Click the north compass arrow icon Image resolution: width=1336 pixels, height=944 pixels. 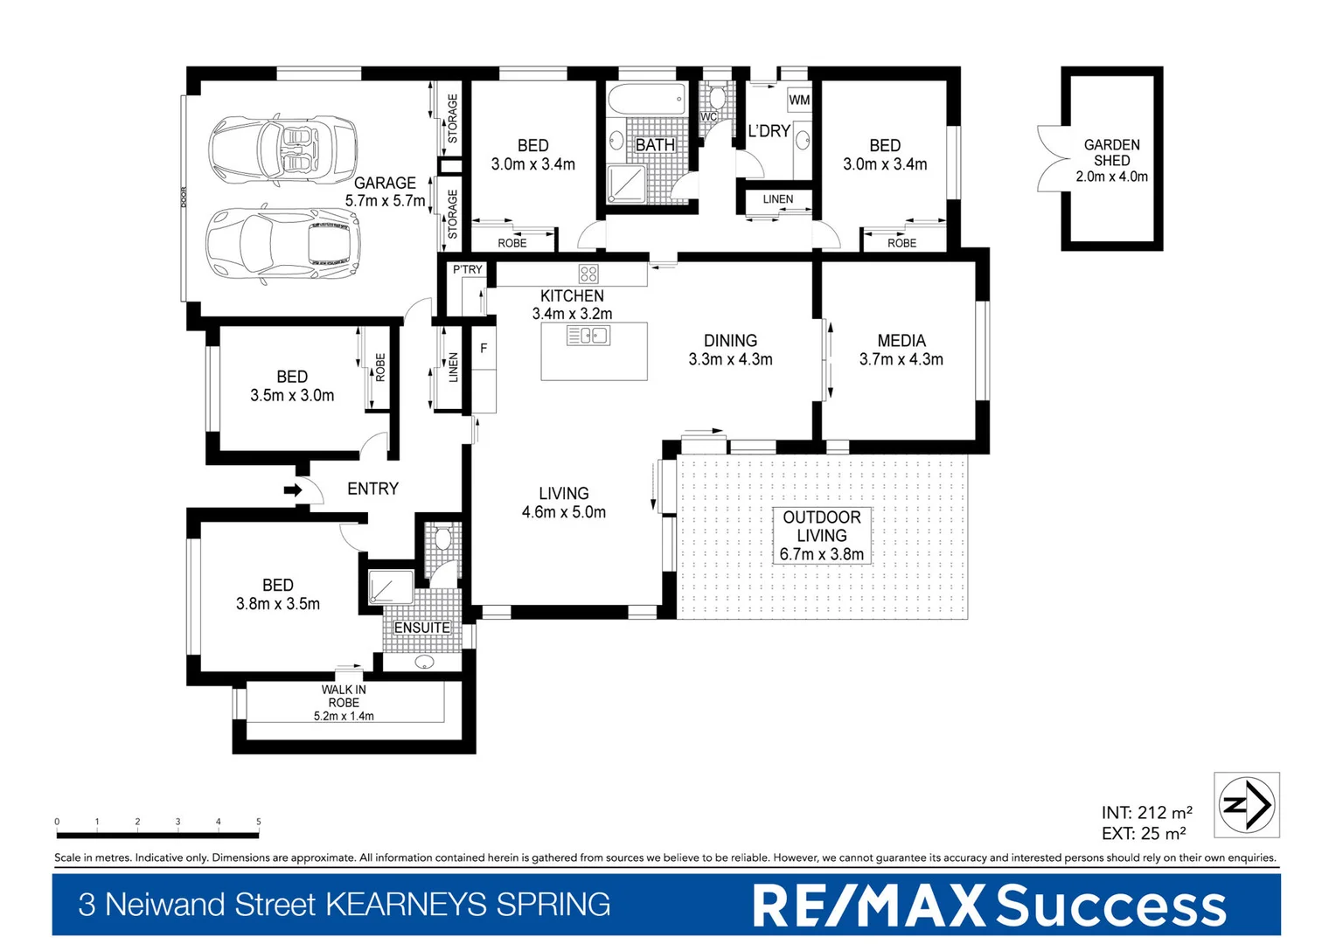(x=1246, y=804)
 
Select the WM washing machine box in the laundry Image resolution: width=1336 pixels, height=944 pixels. (x=799, y=100)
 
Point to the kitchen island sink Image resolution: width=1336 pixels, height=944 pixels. (x=588, y=336)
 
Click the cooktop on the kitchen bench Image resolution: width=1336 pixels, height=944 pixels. (x=588, y=274)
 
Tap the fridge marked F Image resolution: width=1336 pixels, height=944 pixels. (x=484, y=349)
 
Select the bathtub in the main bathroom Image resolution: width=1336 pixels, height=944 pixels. (x=646, y=100)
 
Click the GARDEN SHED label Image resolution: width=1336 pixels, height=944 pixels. (x=1111, y=152)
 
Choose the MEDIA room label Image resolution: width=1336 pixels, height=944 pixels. (x=901, y=341)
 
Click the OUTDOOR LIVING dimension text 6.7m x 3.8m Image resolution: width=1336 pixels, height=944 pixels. (x=821, y=554)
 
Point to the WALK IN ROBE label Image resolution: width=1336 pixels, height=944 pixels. (x=344, y=696)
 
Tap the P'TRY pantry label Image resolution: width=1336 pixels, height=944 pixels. (x=467, y=270)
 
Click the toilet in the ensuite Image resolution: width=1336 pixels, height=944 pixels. (x=442, y=538)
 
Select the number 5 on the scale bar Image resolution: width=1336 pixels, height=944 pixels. (x=258, y=822)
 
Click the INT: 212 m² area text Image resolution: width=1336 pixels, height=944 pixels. (x=1146, y=813)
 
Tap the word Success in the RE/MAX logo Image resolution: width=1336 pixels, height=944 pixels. (x=1111, y=906)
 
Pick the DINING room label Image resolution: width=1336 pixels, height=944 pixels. (x=730, y=341)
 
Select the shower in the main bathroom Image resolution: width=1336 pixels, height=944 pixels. (x=627, y=184)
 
